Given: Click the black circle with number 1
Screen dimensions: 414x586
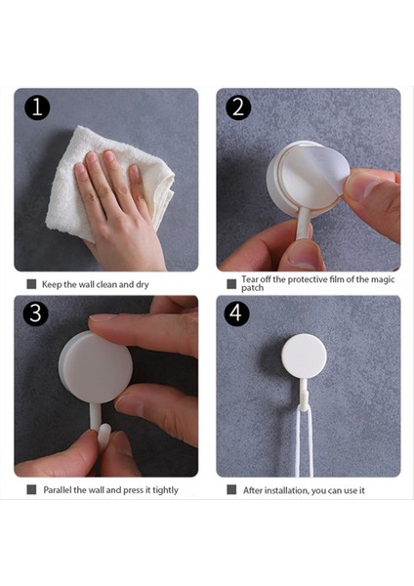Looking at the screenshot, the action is tap(37, 107).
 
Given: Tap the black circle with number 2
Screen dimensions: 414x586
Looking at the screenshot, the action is tap(238, 107).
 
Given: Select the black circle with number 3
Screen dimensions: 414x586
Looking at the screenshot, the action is tap(36, 313).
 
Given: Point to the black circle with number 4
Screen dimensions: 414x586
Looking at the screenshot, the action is tap(236, 313).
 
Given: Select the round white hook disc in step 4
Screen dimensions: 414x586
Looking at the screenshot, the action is tap(304, 356).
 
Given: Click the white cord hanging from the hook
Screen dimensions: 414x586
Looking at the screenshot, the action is tap(303, 441).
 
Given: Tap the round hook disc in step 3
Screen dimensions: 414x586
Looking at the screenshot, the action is tap(97, 368).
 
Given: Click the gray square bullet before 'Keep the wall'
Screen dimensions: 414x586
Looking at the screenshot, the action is tap(32, 284).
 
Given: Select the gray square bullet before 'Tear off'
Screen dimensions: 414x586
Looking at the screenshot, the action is tap(231, 284).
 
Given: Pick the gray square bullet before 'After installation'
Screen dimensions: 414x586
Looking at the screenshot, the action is tap(231, 489).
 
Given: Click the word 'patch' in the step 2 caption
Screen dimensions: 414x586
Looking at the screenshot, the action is tap(252, 288).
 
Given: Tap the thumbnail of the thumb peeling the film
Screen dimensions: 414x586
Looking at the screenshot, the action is tap(359, 187).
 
